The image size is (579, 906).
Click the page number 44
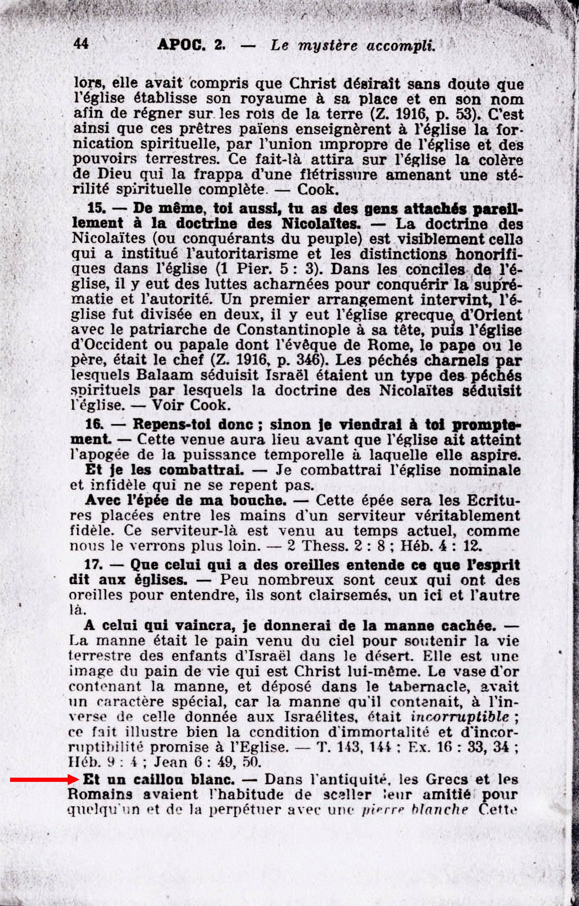point(81,43)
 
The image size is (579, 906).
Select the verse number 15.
point(95,208)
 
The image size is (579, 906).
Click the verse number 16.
point(94,424)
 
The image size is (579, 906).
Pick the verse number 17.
point(94,565)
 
